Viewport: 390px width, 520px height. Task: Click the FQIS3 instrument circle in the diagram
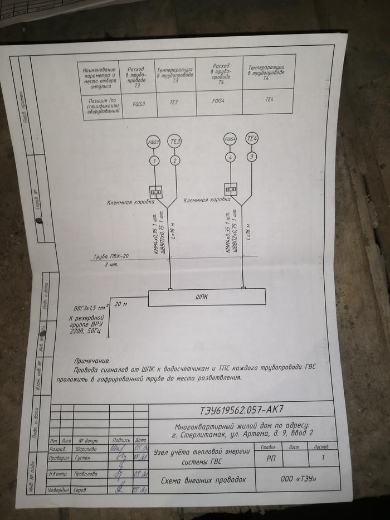[154, 142]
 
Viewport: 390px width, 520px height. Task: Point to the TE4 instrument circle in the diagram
[252, 138]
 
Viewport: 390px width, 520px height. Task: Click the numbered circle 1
[154, 161]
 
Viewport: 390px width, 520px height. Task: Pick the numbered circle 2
[175, 161]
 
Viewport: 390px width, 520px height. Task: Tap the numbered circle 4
[231, 158]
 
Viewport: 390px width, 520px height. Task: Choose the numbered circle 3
[252, 157]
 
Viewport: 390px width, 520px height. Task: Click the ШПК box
[206, 298]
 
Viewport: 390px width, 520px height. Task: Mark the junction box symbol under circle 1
[155, 191]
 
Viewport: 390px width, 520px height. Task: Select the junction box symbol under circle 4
[231, 188]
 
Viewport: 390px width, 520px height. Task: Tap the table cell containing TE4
[270, 99]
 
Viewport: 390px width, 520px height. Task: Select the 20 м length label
[121, 304]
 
